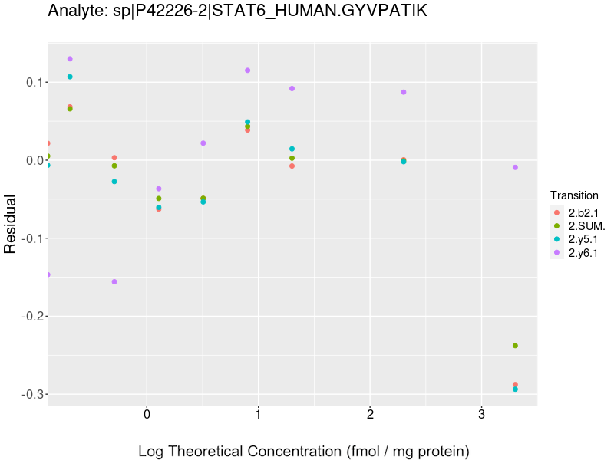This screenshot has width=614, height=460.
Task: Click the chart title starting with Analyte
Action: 237,11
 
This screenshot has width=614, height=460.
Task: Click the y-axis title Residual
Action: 11,224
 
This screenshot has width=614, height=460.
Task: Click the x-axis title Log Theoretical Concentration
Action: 303,451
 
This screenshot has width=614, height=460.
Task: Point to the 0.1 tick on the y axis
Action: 31,82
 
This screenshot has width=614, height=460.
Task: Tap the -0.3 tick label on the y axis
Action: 28,394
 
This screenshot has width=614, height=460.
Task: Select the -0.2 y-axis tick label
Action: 28,316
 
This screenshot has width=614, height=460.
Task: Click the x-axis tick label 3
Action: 481,415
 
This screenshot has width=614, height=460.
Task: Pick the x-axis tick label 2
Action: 370,415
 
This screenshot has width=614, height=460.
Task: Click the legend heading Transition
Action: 574,195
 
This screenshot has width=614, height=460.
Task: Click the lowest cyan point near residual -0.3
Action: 515,389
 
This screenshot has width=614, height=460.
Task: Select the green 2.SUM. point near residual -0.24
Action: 515,346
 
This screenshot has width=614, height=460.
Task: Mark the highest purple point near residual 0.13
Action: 70,59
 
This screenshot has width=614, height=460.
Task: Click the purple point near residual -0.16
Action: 114,281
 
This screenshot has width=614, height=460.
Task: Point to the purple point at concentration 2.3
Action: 404,92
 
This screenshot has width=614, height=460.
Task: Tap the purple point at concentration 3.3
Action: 515,167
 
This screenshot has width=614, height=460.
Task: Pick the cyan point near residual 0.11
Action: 70,77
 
